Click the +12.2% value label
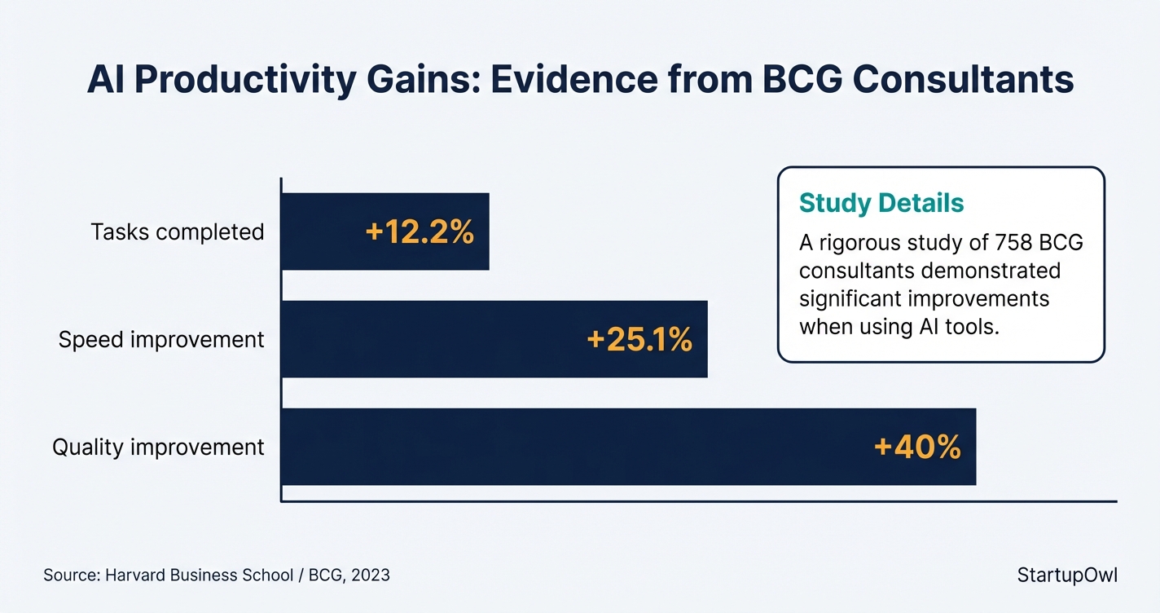click(x=420, y=232)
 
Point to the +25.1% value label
click(x=639, y=340)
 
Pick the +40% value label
click(x=916, y=448)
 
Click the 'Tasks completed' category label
click(x=178, y=232)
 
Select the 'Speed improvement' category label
click(x=161, y=340)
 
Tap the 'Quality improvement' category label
click(x=158, y=448)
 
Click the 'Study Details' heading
click(x=881, y=203)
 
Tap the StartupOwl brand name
click(x=1067, y=575)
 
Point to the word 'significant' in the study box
click(x=853, y=298)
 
